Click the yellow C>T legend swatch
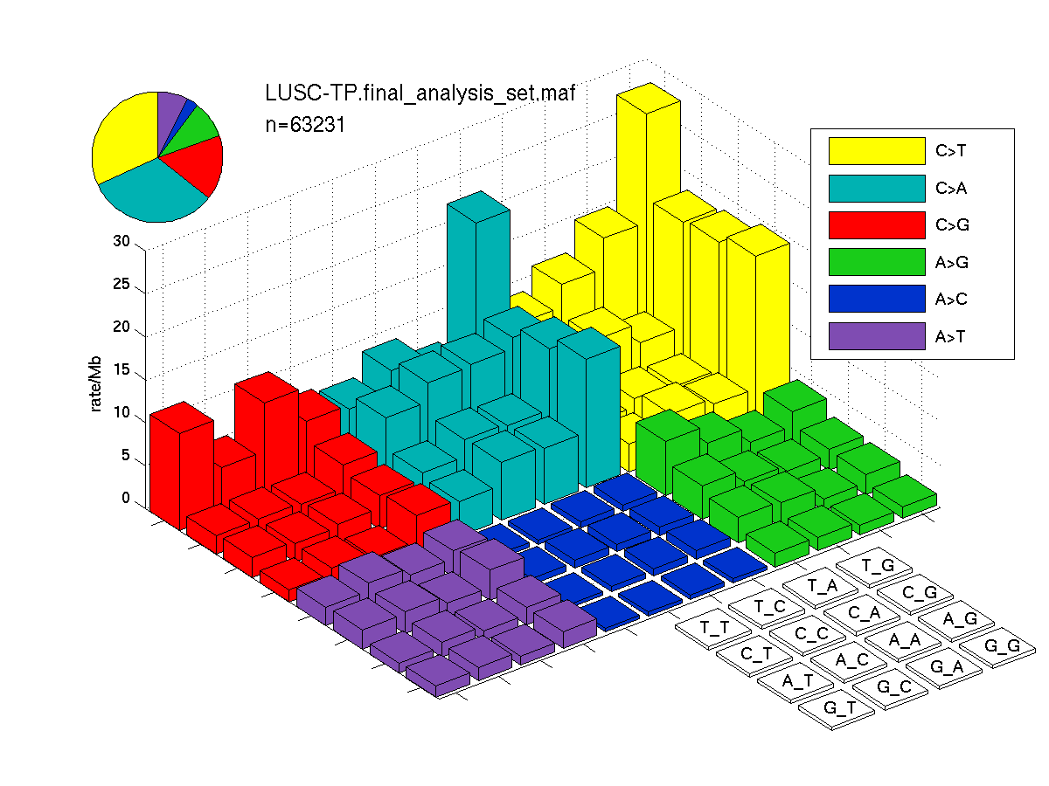coord(876,151)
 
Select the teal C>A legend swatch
coord(876,189)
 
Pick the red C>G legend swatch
coord(876,225)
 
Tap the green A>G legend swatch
coord(876,262)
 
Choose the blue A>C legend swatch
coord(876,299)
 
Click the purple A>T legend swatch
coord(876,336)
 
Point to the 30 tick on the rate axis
coord(122,241)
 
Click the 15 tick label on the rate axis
coord(122,369)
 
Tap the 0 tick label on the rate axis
coord(126,498)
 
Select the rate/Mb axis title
coord(95,383)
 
